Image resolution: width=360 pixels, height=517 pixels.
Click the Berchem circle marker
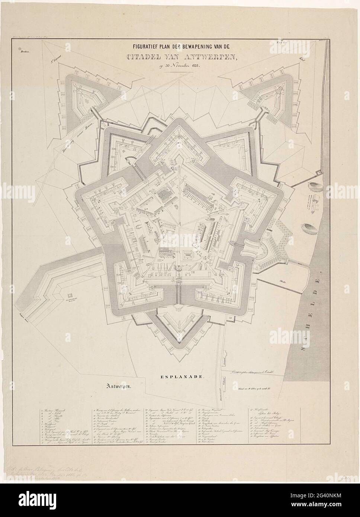coord(19,46)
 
